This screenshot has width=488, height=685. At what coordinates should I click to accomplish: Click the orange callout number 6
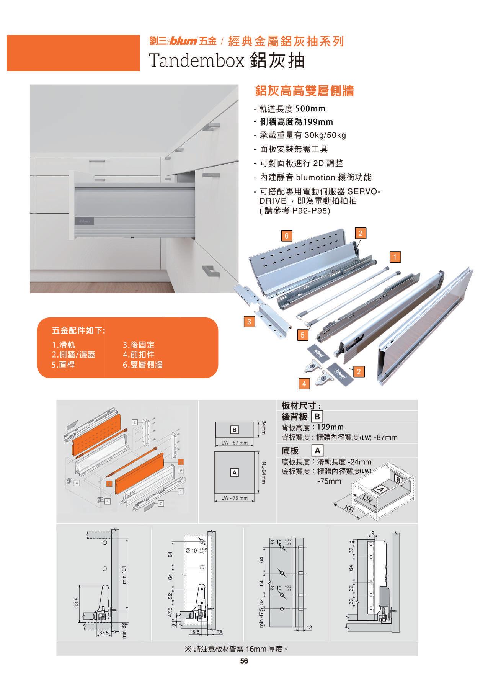tap(286, 235)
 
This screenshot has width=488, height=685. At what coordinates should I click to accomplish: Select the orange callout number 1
tap(395, 257)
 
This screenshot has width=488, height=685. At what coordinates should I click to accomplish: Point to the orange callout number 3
tap(249, 322)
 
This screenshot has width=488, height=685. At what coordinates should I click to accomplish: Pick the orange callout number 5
tap(303, 335)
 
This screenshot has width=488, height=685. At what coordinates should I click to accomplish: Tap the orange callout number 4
tap(304, 383)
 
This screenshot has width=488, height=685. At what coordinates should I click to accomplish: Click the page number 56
tap(244, 661)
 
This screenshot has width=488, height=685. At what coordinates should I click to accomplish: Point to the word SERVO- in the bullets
tap(363, 191)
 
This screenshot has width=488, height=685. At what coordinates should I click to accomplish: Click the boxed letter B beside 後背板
tap(318, 417)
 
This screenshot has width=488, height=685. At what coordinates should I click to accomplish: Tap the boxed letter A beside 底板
tap(317, 451)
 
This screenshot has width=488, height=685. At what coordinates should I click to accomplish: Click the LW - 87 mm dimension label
tap(235, 443)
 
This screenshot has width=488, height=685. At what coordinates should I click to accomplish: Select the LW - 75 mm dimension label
tap(235, 498)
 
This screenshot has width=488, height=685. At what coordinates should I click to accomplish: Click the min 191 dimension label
tap(124, 575)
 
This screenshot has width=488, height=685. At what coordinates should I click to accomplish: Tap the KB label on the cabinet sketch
tap(349, 509)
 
